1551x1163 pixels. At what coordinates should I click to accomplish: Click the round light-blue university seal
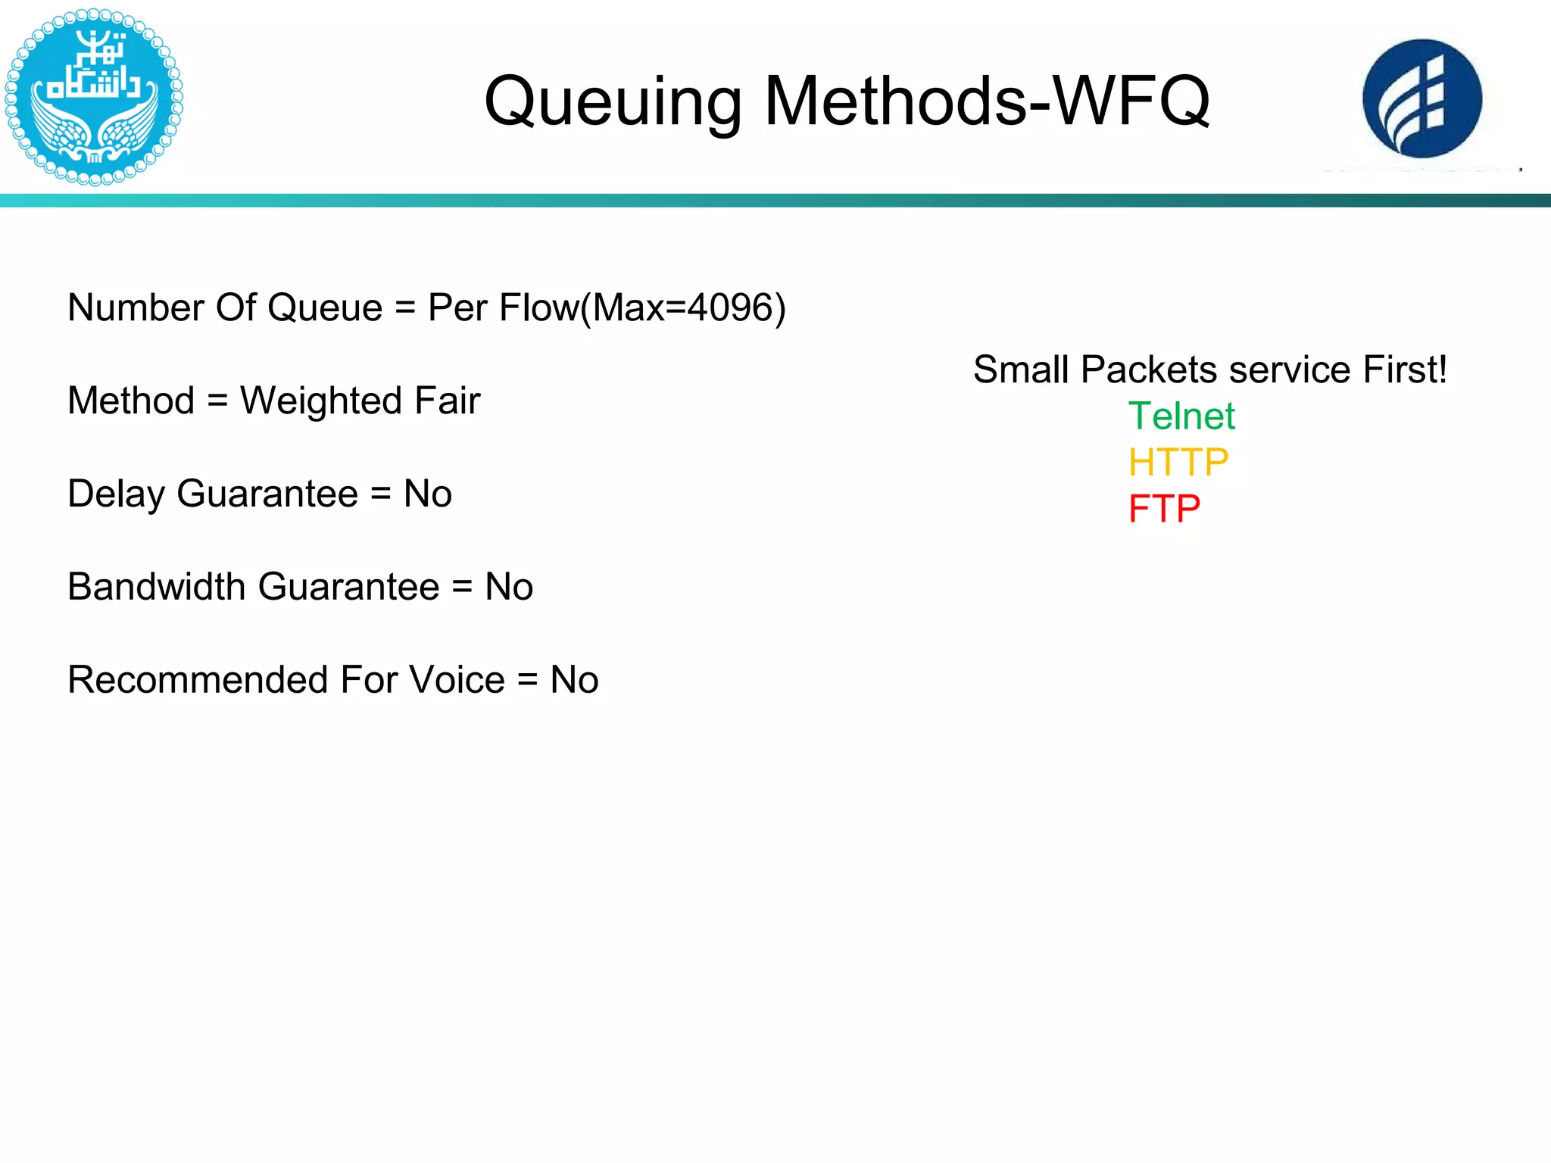[94, 96]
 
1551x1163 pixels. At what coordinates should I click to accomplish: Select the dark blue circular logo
[1422, 98]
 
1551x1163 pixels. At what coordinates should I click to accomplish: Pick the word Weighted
[320, 401]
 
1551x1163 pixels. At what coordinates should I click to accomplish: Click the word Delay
[116, 494]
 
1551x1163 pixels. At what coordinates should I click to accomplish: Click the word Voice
[457, 680]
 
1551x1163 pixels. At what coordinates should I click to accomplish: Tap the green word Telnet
[1181, 416]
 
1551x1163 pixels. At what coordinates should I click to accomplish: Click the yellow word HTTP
[1178, 463]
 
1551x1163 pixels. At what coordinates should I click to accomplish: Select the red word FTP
[1164, 509]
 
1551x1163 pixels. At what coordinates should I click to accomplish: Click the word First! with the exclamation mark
[1405, 370]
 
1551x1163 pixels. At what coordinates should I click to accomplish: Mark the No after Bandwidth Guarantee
[509, 587]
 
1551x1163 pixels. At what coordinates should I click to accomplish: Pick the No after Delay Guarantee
[428, 494]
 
